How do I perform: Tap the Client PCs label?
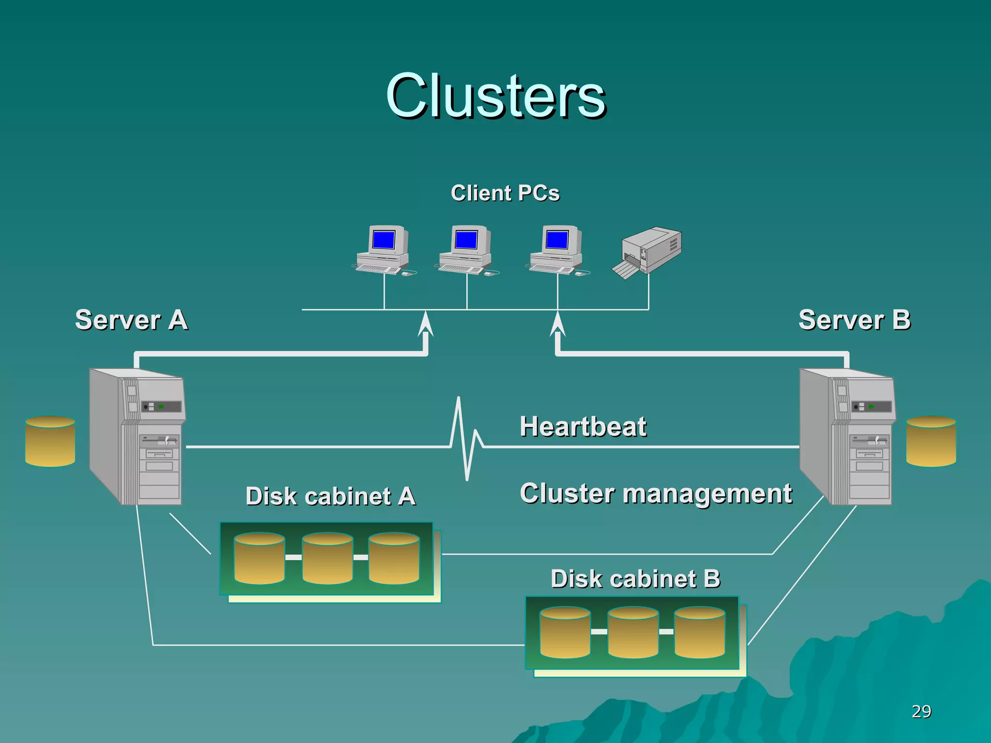click(x=505, y=193)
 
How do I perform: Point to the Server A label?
click(x=131, y=320)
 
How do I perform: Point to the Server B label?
click(x=855, y=320)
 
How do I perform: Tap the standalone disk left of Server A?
click(x=50, y=441)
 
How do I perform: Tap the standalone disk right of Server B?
click(x=931, y=441)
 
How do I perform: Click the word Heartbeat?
click(x=583, y=427)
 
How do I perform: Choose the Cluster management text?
click(x=656, y=494)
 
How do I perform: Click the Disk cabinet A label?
click(x=330, y=496)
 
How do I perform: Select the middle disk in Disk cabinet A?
click(x=327, y=558)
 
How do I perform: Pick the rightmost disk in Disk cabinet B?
click(x=700, y=632)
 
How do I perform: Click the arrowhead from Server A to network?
click(x=425, y=324)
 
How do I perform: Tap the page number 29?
click(x=921, y=712)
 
